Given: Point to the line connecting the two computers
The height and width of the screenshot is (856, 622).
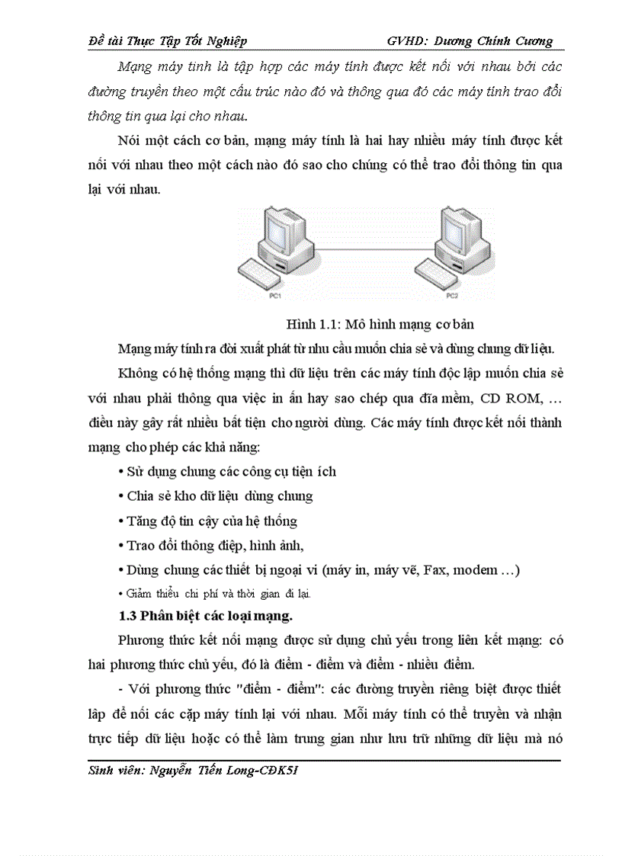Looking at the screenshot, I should (366, 248).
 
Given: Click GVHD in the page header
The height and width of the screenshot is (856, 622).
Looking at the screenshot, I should (407, 40).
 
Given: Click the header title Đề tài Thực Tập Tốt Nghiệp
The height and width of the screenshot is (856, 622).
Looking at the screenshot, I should (168, 40).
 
